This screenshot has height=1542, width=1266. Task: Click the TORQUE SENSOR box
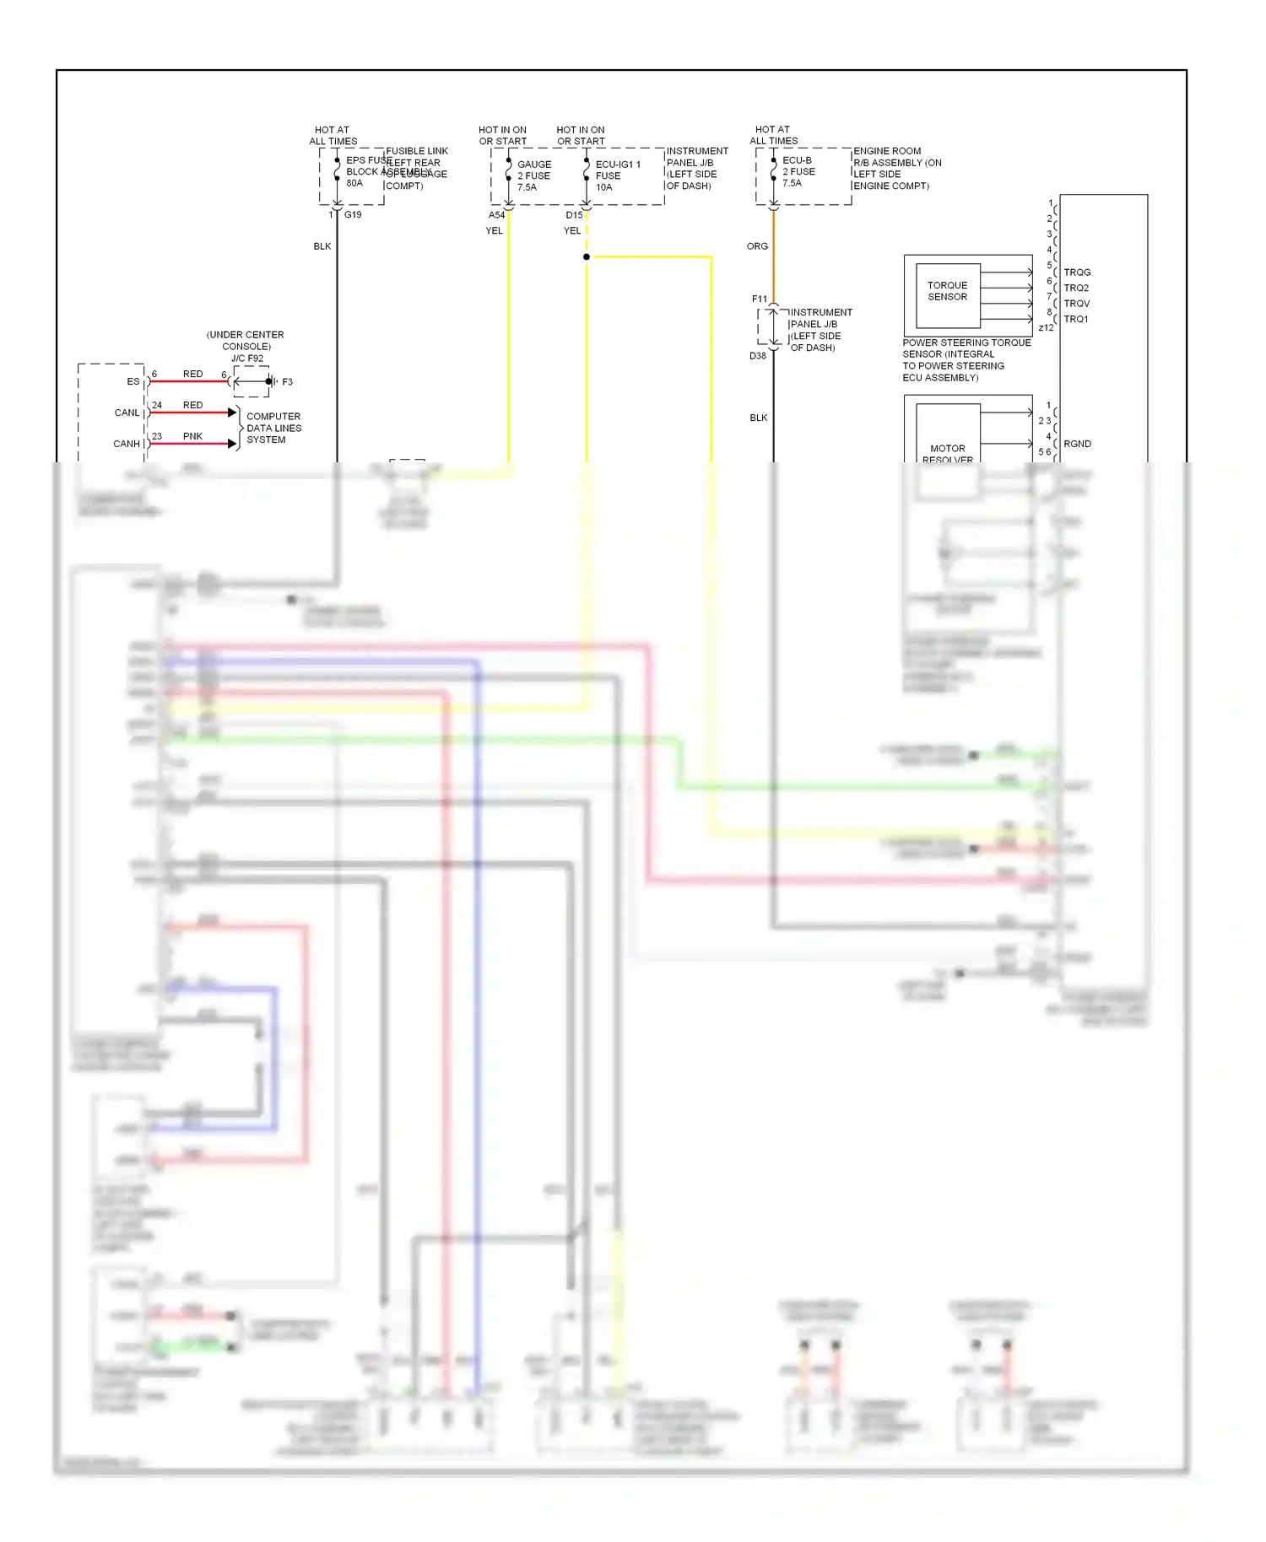click(947, 292)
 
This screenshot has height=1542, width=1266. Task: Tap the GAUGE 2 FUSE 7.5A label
click(533, 175)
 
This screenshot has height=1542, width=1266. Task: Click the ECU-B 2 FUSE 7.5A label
click(798, 171)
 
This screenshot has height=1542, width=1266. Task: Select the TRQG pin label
click(1077, 272)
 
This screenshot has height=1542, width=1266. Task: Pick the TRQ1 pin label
click(1076, 319)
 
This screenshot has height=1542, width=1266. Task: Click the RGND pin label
click(1077, 444)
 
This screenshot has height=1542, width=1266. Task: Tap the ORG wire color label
click(757, 246)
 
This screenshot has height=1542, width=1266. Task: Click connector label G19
click(353, 215)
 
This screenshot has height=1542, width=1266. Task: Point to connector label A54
click(496, 215)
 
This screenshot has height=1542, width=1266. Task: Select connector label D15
click(574, 215)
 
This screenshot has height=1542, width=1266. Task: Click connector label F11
click(760, 299)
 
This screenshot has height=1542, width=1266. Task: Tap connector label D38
click(758, 356)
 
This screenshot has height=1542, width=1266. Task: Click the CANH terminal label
click(127, 444)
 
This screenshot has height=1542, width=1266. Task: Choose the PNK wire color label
click(192, 436)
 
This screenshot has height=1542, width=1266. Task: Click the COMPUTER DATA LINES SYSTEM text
click(273, 428)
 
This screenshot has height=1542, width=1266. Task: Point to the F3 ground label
click(287, 382)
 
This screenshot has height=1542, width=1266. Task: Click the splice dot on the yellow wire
click(587, 256)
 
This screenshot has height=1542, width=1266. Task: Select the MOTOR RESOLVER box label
click(947, 454)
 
